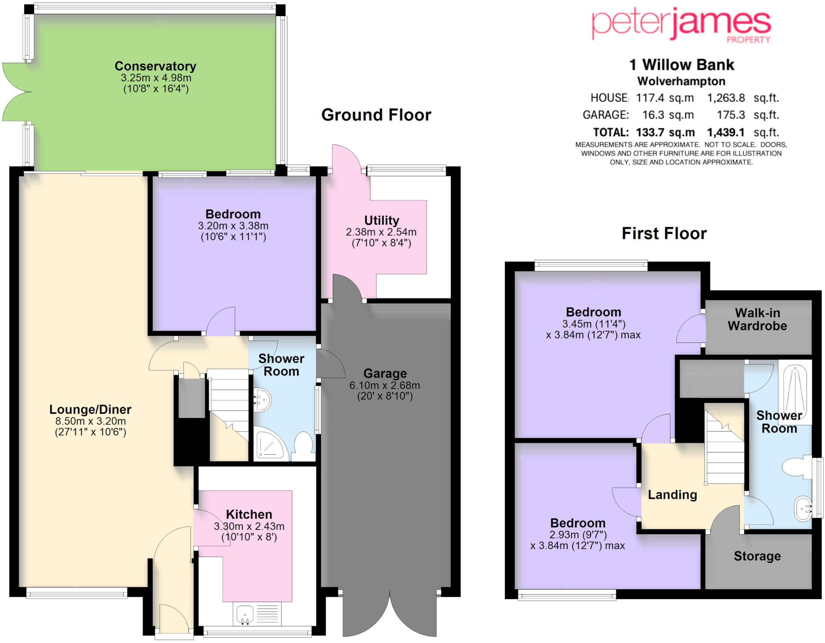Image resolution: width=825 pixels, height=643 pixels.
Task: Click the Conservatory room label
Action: (155, 66)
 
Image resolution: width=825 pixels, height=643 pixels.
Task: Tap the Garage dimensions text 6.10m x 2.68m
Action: (384, 385)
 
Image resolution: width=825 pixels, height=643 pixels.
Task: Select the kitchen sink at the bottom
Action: (245, 614)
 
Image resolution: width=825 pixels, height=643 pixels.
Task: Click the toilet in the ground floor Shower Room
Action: (304, 446)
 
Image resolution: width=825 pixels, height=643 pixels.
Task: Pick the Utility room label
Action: (381, 220)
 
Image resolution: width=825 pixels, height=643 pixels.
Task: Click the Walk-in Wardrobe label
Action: (757, 319)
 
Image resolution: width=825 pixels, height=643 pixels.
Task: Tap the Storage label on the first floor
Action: (757, 556)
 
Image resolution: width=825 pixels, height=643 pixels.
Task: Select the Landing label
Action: (672, 494)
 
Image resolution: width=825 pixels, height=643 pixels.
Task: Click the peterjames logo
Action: (681, 25)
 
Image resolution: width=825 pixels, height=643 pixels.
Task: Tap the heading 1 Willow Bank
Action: (682, 65)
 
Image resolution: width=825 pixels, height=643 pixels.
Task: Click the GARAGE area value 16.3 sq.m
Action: (668, 115)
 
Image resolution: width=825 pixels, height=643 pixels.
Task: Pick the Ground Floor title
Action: (376, 115)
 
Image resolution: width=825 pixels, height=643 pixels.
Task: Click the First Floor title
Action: (664, 234)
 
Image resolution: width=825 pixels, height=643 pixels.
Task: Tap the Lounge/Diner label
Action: (90, 409)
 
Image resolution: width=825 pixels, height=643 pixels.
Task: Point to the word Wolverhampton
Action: (681, 81)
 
